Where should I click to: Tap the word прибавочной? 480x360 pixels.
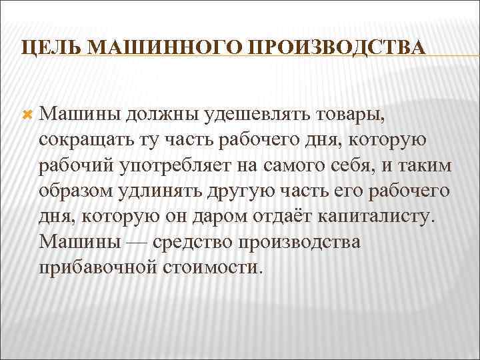point(96,268)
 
